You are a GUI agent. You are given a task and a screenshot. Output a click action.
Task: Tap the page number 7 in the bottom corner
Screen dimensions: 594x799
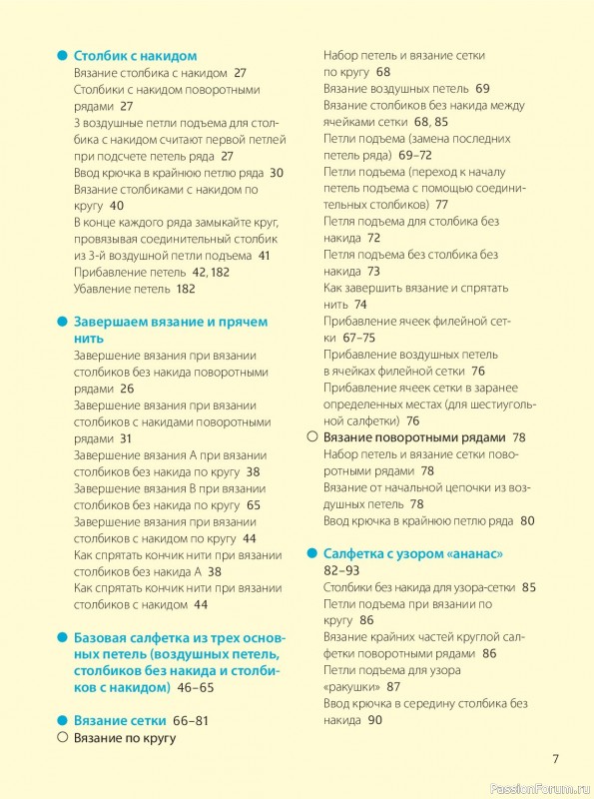tap(556, 757)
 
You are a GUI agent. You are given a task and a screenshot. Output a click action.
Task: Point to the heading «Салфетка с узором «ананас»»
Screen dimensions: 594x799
tap(413, 553)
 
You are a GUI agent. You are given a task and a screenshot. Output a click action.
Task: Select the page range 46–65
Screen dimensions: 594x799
tap(194, 688)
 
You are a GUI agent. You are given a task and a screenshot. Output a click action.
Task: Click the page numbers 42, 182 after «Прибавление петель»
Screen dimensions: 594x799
tap(211, 272)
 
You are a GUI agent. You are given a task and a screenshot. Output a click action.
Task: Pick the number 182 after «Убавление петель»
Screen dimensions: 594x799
tap(183, 289)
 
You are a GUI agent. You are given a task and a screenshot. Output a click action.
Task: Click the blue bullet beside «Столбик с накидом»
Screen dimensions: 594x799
tap(62, 56)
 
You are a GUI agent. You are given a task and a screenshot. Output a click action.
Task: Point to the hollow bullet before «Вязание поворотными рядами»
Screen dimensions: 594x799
tap(311, 437)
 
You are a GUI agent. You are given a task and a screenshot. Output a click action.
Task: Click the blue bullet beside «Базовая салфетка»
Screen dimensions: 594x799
tap(62, 637)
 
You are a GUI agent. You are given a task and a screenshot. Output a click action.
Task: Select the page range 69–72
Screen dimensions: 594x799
tap(414, 155)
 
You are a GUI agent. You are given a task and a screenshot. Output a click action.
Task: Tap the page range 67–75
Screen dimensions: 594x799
tap(352, 338)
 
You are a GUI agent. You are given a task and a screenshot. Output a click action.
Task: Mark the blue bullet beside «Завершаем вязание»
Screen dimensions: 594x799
tap(62, 322)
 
